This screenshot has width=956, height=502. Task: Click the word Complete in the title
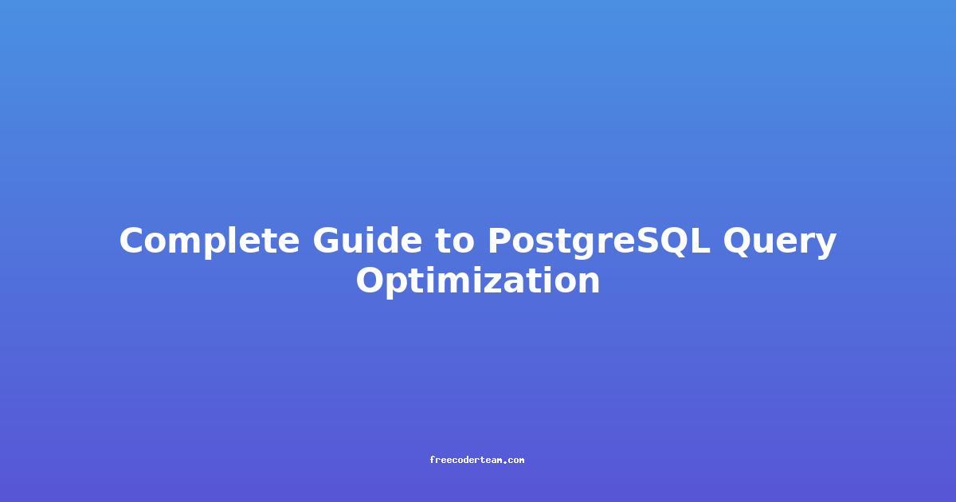(x=210, y=241)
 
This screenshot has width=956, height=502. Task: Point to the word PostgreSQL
(x=599, y=242)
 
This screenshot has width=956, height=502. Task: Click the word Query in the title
(x=779, y=242)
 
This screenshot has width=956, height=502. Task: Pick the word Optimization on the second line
(x=478, y=280)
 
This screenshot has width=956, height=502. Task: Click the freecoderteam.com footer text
(x=476, y=460)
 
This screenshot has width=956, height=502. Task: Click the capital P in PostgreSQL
(x=500, y=241)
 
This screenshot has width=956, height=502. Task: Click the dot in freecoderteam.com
(x=505, y=461)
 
